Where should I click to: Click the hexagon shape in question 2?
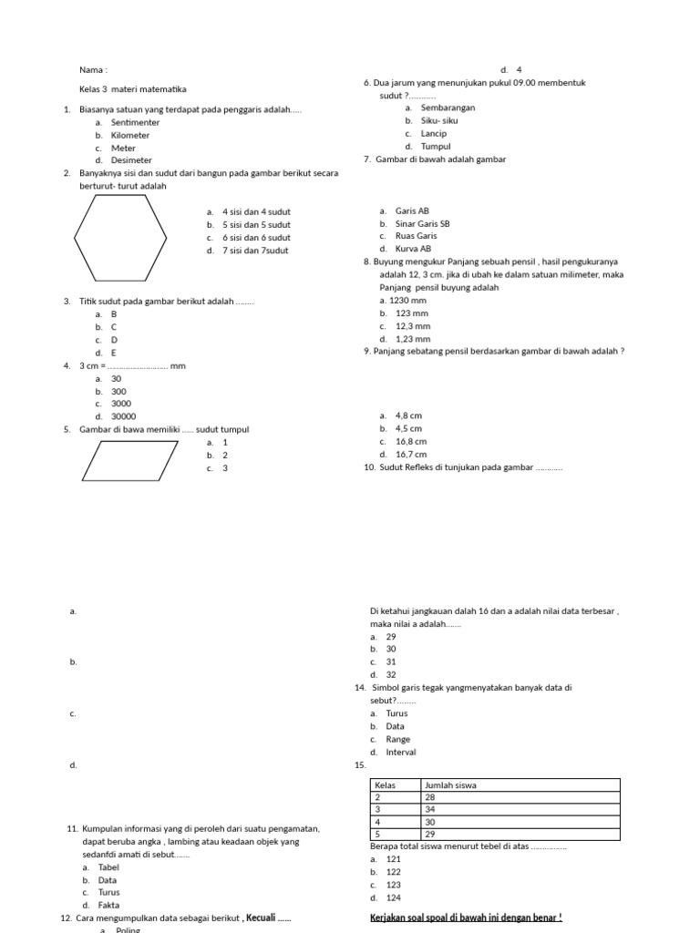120,238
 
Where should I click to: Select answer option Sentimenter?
135,122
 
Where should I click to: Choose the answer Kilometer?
130,135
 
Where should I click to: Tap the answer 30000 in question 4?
123,416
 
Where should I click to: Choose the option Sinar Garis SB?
422,223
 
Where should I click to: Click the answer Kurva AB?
414,249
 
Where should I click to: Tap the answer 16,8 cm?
410,441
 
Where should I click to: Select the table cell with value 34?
431,809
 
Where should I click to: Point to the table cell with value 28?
431,797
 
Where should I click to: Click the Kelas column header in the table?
385,785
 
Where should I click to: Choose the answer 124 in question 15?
394,897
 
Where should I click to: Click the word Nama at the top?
92,69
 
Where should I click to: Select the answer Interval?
401,753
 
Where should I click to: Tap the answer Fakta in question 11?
108,906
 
